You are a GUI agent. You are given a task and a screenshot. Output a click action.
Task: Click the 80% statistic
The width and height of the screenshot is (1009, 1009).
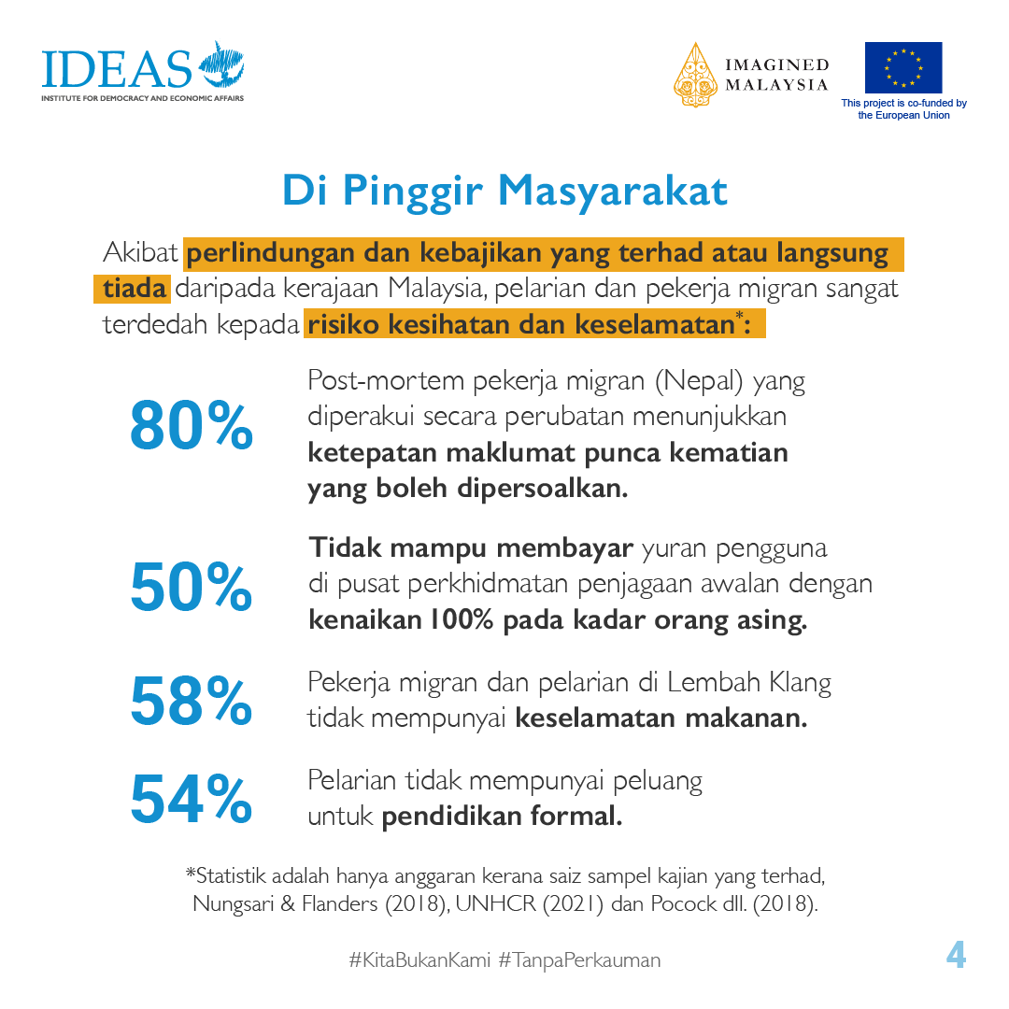(192, 425)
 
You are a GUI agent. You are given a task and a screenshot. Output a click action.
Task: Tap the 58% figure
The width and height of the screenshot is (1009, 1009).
(192, 701)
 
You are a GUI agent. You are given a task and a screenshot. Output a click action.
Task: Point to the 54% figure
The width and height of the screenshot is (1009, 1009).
(192, 799)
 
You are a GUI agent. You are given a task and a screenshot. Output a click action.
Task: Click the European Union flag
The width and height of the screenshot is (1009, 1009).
(902, 67)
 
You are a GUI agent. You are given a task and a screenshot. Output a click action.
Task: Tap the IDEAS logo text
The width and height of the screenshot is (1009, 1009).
(116, 67)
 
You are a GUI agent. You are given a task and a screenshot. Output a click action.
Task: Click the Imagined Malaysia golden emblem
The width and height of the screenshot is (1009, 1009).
(695, 74)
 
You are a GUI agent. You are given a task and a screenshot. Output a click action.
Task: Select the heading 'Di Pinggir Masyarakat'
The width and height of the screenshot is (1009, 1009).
(504, 191)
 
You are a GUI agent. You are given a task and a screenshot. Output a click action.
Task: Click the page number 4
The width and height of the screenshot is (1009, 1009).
(955, 956)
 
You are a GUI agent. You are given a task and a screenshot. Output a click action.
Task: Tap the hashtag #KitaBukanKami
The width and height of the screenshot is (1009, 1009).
(419, 959)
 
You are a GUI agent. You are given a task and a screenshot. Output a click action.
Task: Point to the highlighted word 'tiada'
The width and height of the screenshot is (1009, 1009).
(134, 289)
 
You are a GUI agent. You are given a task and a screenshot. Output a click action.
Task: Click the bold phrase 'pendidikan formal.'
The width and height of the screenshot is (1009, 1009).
(502, 816)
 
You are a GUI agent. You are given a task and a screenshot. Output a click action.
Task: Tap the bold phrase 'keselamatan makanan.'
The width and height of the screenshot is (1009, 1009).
(661, 718)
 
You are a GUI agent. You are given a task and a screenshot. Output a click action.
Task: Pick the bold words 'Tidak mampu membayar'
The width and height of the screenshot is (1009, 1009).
(472, 547)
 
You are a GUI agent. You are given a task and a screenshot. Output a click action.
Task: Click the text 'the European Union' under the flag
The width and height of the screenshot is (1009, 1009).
(903, 115)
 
